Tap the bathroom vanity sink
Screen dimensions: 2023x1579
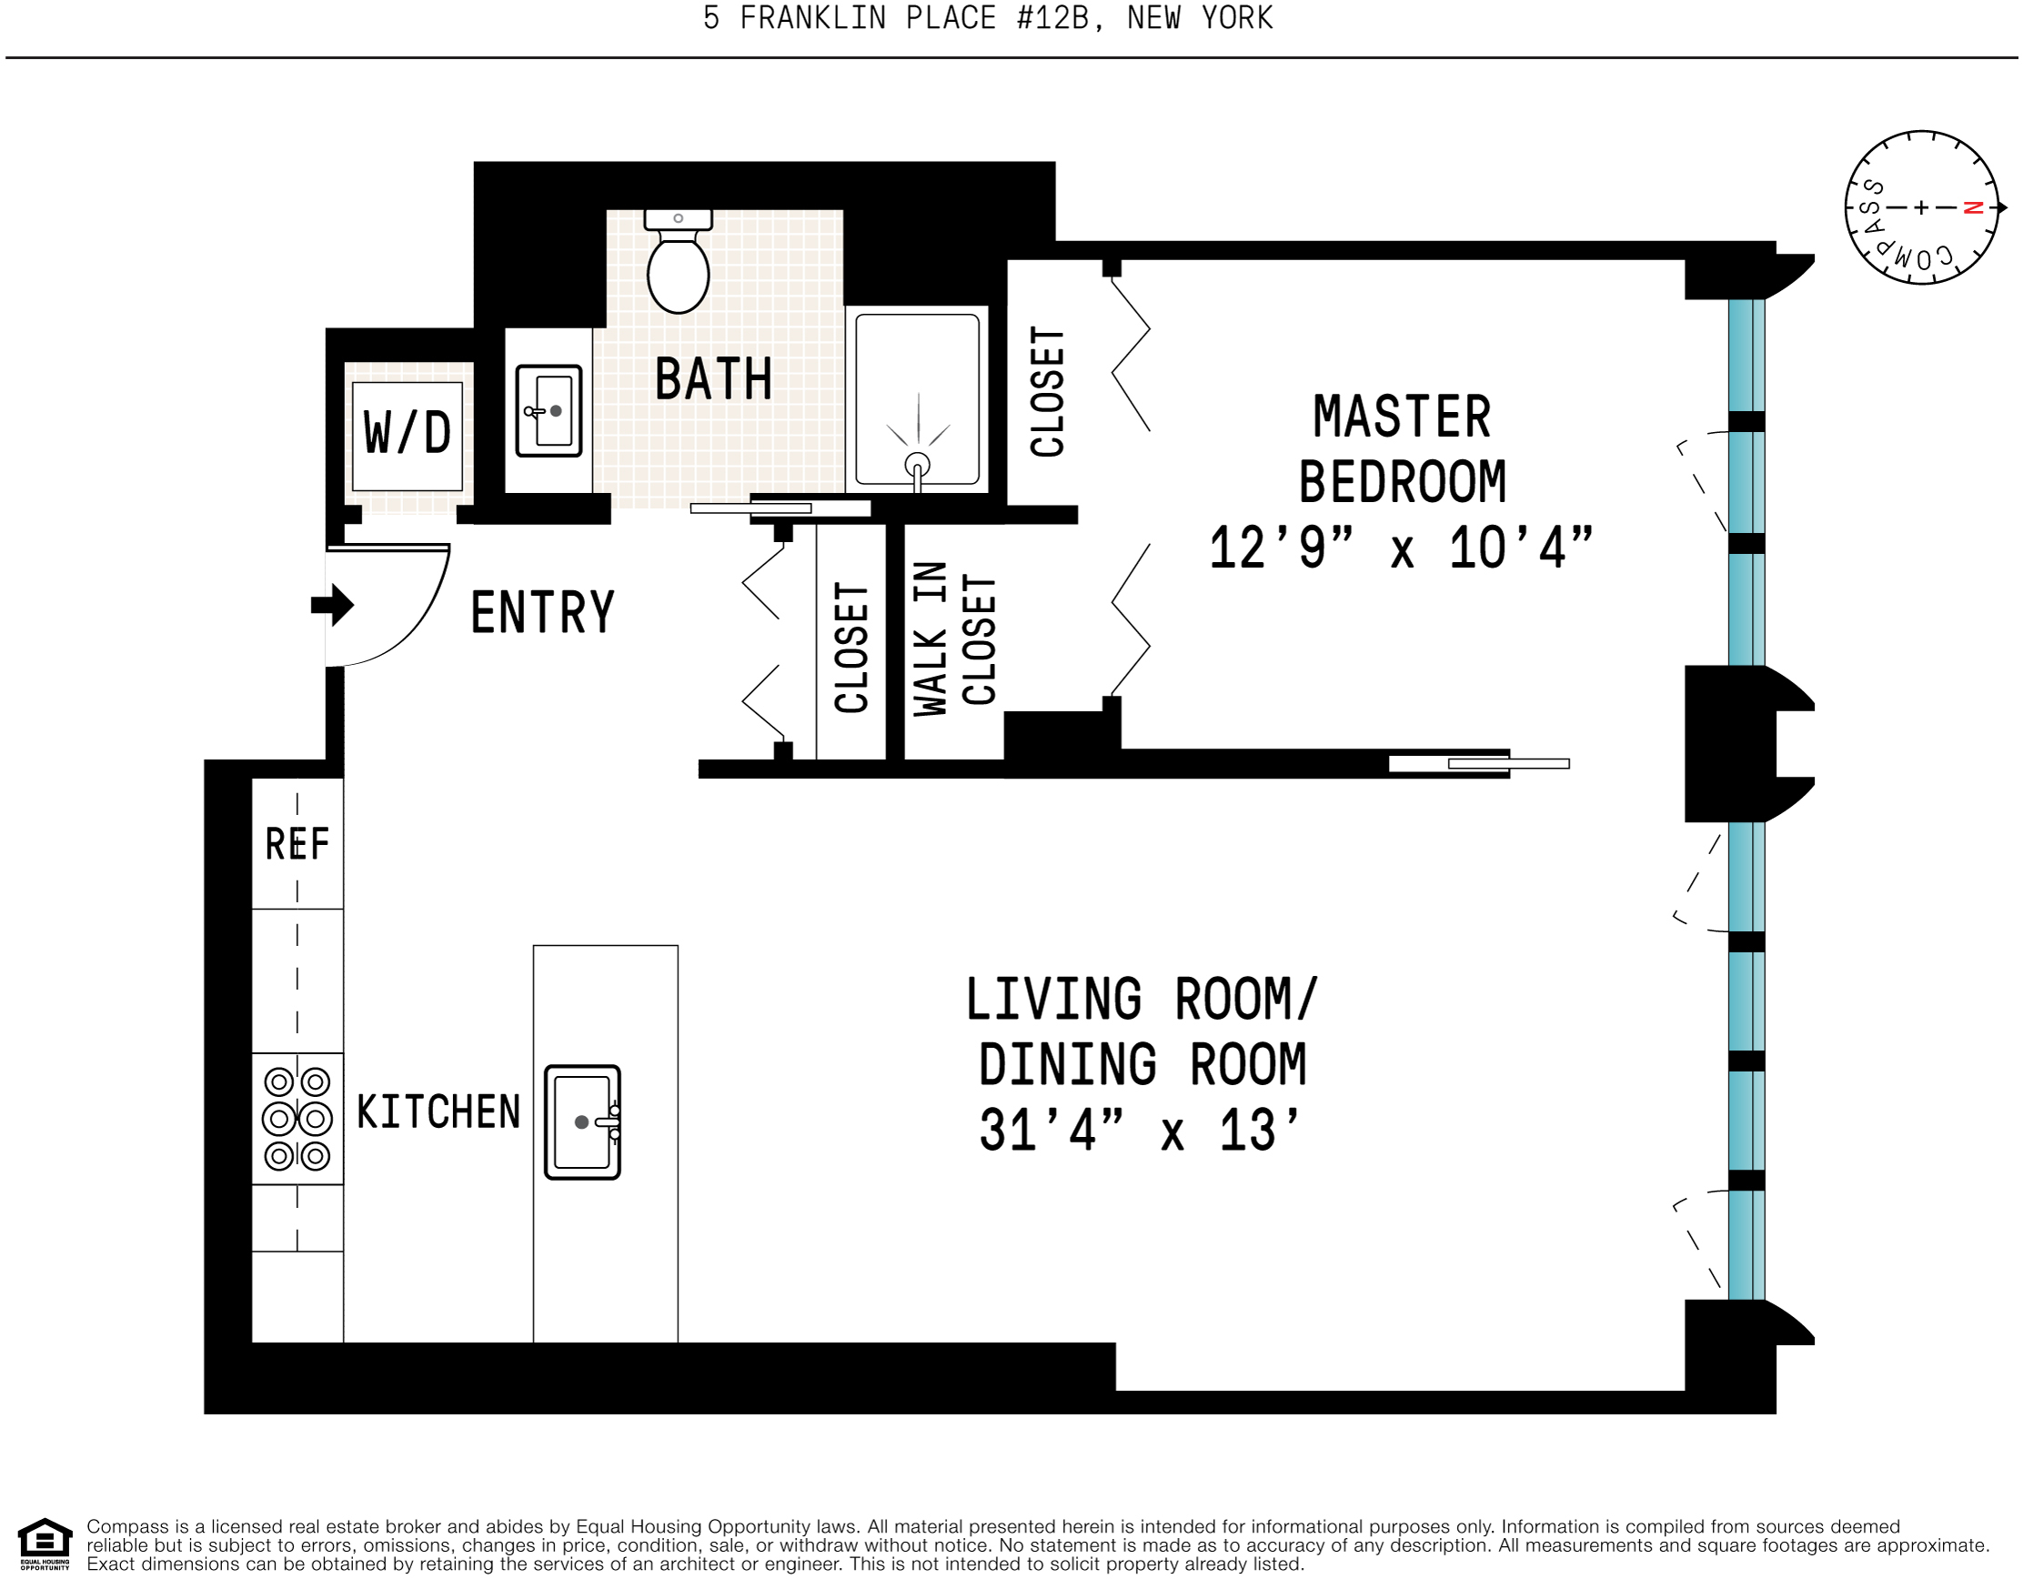pyautogui.click(x=549, y=410)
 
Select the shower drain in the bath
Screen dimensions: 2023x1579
pyautogui.click(x=917, y=464)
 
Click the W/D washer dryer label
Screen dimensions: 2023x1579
pyautogui.click(x=408, y=432)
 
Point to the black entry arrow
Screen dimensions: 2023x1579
pyautogui.click(x=333, y=605)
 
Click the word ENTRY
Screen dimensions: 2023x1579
pyautogui.click(x=543, y=612)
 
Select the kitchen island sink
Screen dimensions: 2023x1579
pyautogui.click(x=583, y=1121)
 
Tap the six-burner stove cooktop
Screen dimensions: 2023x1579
pyautogui.click(x=297, y=1119)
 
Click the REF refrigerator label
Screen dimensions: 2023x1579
pyautogui.click(x=297, y=844)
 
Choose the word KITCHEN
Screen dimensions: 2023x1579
pyautogui.click(x=439, y=1111)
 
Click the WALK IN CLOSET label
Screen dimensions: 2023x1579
pyautogui.click(x=954, y=639)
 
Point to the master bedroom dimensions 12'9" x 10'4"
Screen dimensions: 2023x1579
pyautogui.click(x=1402, y=548)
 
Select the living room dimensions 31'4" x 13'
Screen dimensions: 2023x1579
pyautogui.click(x=1141, y=1130)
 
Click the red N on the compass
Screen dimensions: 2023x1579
pyautogui.click(x=1973, y=207)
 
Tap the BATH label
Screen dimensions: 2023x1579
pyautogui.click(x=713, y=378)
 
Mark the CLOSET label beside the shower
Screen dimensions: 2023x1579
pyautogui.click(x=1048, y=392)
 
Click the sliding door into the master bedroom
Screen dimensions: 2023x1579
pyautogui.click(x=1479, y=764)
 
